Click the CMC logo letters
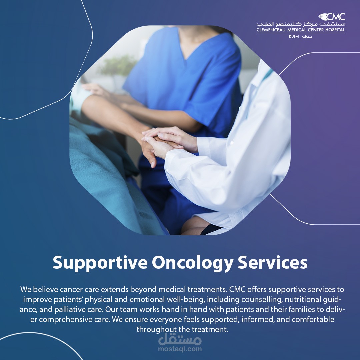pyautogui.click(x=335, y=17)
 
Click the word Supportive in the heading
pyautogui.click(x=100, y=263)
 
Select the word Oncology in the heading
pyautogui.click(x=193, y=263)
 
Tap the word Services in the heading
pyautogui.click(x=273, y=262)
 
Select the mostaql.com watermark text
pyautogui.click(x=180, y=349)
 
